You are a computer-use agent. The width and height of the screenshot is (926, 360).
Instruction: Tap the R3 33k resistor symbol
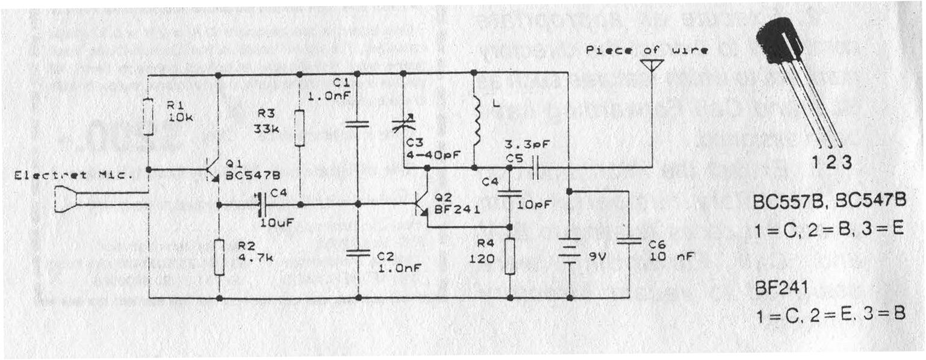[x=299, y=128]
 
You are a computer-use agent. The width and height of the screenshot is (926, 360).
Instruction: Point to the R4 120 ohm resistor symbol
[x=510, y=256]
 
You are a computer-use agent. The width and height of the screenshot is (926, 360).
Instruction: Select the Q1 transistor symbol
[x=212, y=170]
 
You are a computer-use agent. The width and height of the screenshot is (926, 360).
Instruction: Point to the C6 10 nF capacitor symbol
[x=629, y=241]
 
